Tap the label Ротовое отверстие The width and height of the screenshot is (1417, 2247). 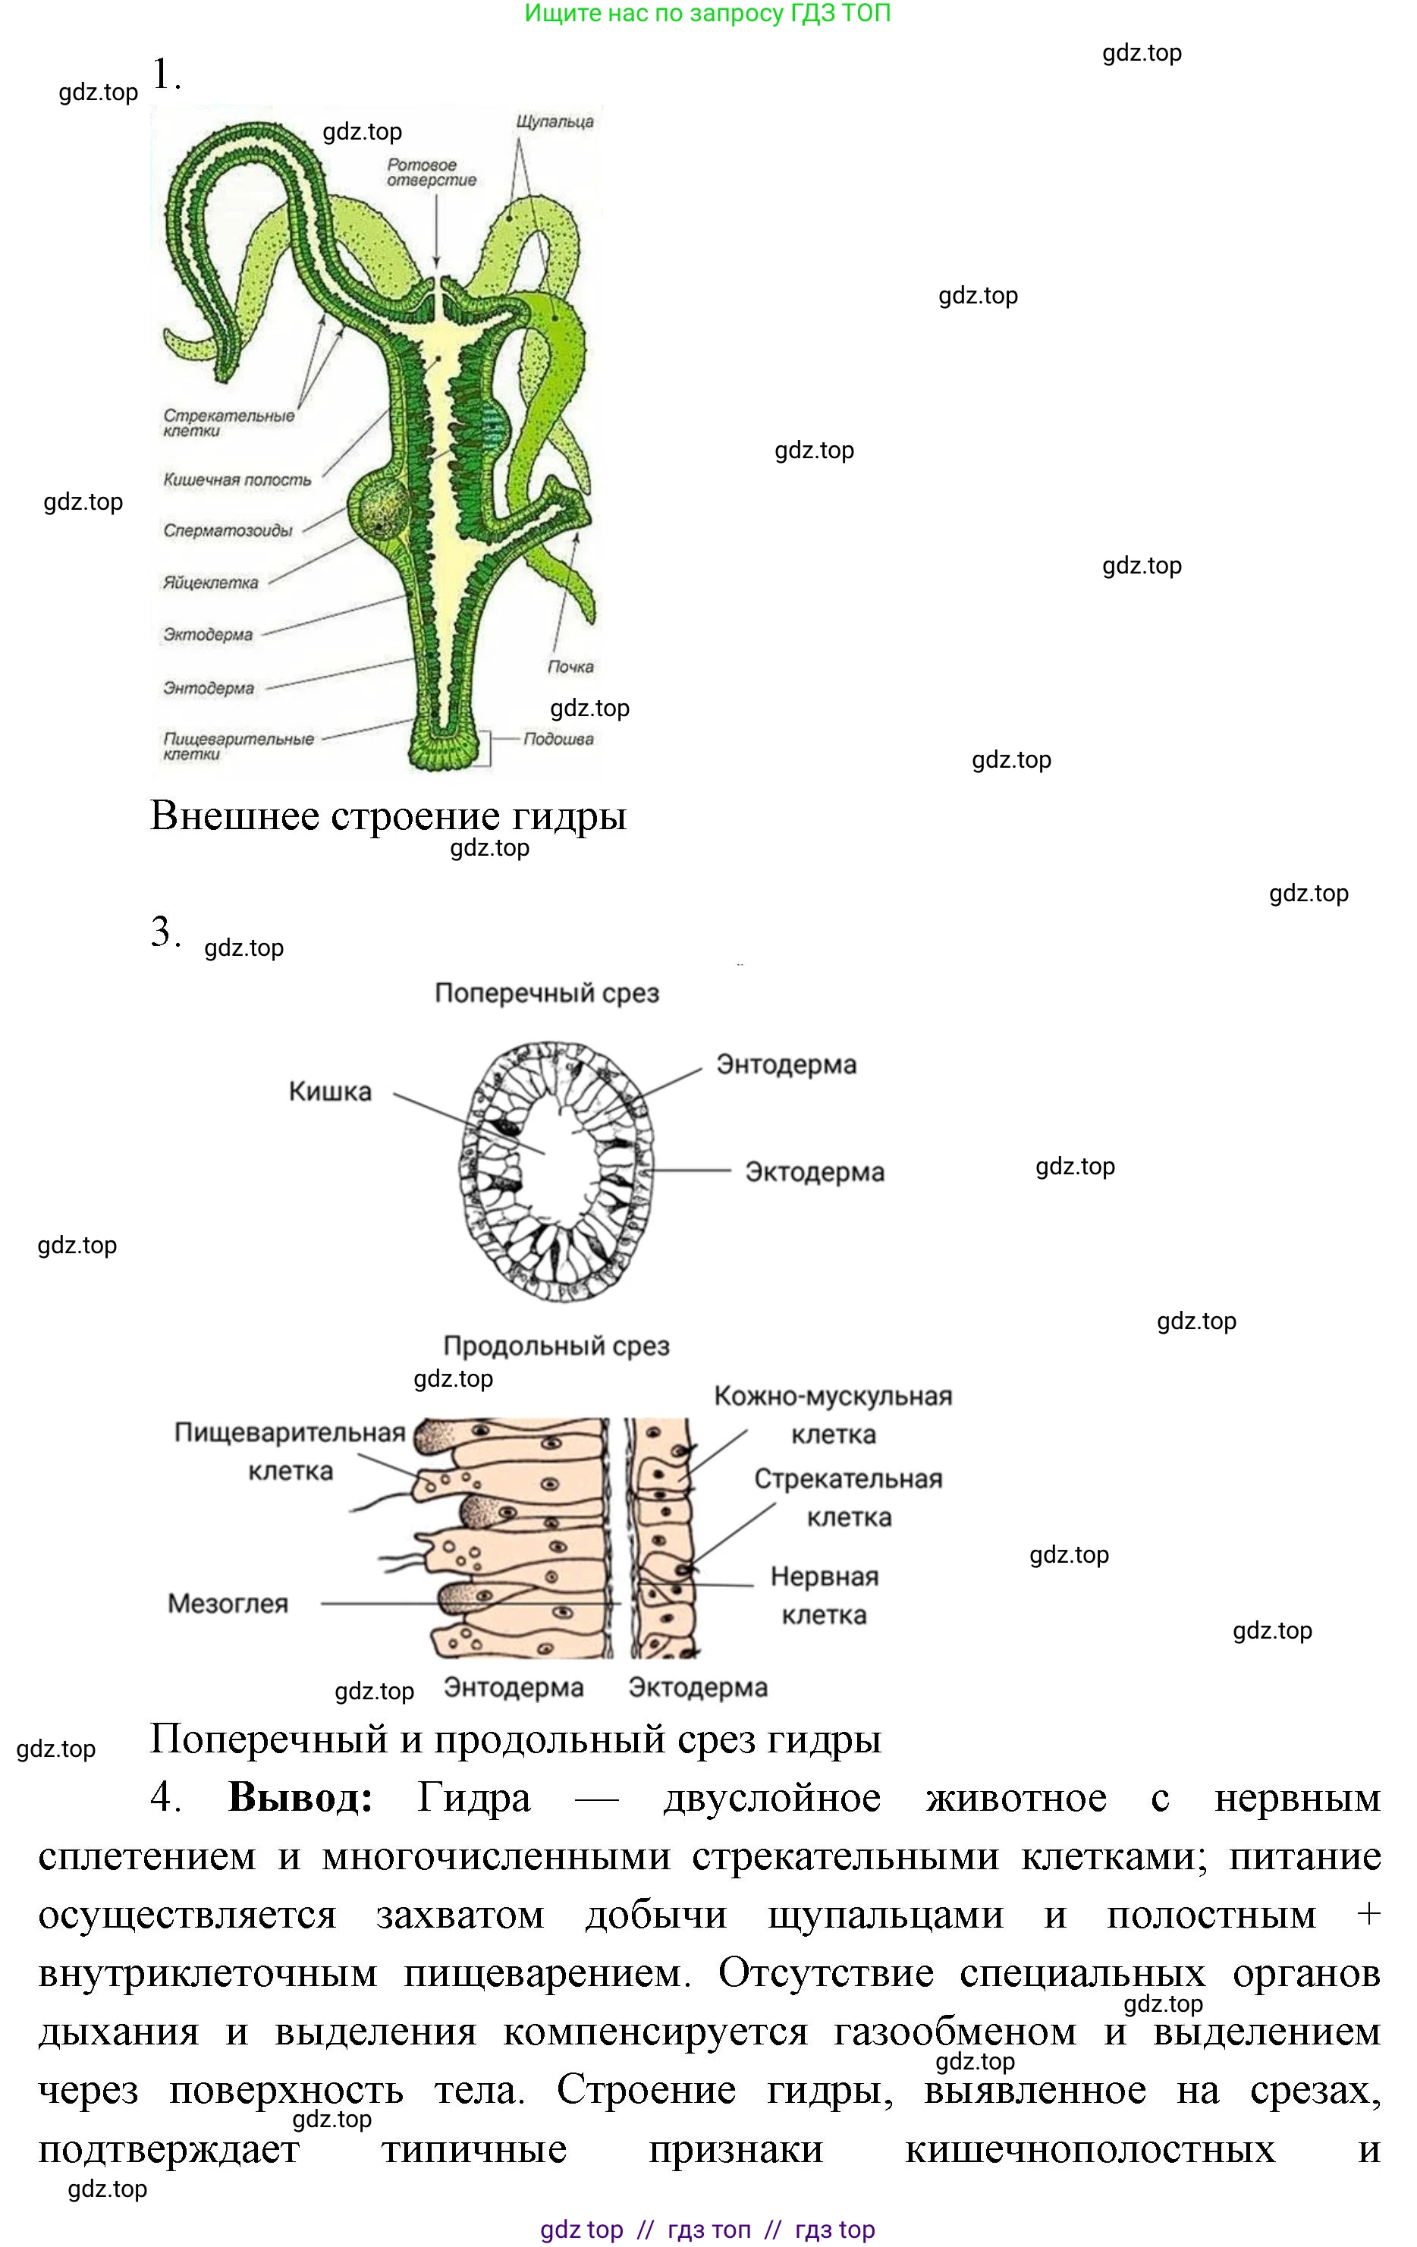[x=431, y=173]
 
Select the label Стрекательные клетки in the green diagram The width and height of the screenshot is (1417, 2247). [x=228, y=423]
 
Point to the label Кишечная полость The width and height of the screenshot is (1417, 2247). [x=237, y=479]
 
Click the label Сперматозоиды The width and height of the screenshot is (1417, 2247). [x=228, y=531]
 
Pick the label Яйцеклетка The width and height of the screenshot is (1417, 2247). [x=211, y=583]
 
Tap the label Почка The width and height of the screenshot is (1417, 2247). [x=570, y=667]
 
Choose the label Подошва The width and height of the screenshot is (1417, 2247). [x=558, y=739]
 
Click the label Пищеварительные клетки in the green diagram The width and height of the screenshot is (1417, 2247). [x=238, y=746]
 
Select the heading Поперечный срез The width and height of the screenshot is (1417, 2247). [x=547, y=993]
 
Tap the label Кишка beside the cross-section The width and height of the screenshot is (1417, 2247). [x=329, y=1091]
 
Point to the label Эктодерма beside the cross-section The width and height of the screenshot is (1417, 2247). [x=815, y=1172]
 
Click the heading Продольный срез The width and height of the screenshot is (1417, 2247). [x=556, y=1346]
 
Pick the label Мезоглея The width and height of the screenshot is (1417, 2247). [x=228, y=1603]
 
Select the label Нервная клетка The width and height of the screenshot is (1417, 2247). [x=824, y=1595]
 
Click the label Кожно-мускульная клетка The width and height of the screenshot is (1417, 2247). [x=832, y=1415]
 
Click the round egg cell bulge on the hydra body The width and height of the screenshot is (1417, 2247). [x=379, y=508]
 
